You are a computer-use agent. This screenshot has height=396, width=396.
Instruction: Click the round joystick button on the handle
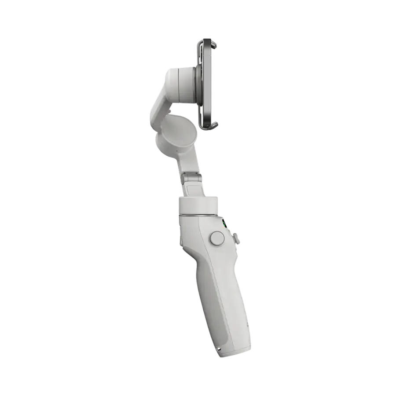pos(217,238)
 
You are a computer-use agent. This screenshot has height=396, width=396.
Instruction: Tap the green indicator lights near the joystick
pos(224,225)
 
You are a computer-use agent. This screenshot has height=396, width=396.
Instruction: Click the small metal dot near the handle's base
pos(219,349)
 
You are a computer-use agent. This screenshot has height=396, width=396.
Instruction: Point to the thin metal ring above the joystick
pos(198,216)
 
